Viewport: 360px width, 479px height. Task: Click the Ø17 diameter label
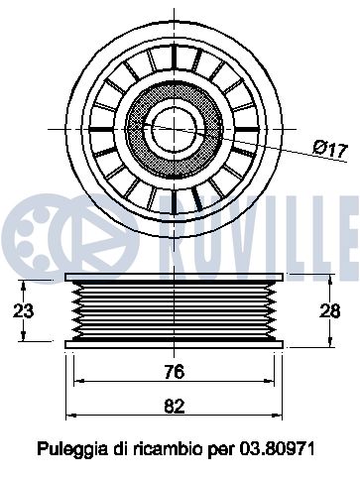point(330,149)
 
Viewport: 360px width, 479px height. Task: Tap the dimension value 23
point(23,310)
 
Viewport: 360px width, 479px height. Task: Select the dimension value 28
point(330,310)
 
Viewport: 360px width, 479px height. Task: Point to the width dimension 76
point(175,372)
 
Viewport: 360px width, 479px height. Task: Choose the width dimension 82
point(175,406)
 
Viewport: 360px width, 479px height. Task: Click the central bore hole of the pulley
point(175,129)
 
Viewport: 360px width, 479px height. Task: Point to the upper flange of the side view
point(175,277)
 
